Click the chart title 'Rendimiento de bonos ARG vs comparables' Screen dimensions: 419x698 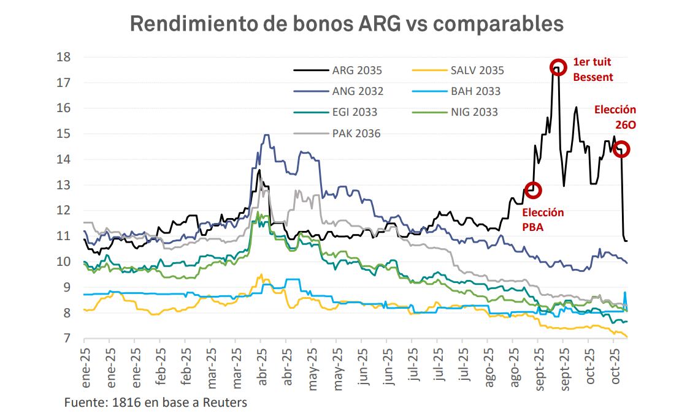347,23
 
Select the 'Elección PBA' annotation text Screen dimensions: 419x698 542,219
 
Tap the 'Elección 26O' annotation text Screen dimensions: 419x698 615,116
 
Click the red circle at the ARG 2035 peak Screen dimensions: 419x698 558,67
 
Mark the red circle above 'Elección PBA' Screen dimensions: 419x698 533,190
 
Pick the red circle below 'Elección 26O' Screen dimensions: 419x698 621,149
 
